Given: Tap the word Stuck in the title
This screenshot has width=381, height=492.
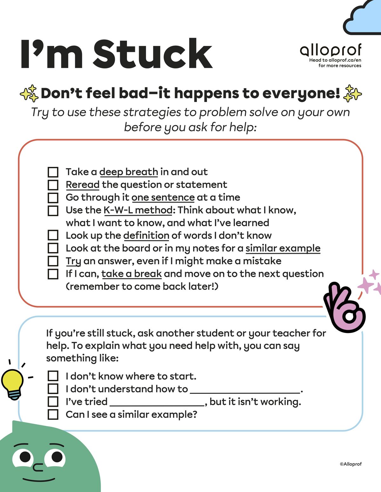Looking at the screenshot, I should pos(152,54).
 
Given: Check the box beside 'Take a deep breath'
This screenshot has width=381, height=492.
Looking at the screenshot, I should pos(53,172).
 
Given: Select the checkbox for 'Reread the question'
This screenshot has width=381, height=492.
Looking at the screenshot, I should pos(53,185).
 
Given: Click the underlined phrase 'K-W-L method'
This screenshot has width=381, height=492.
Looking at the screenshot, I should pos(138,210).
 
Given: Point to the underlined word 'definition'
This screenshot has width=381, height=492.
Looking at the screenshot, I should pos(146,235).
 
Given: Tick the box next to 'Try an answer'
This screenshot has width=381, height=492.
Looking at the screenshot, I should pos(53,261).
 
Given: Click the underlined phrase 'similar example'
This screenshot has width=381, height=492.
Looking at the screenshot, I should pos(283,248).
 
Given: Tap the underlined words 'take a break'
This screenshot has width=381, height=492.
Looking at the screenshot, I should pos(131,274).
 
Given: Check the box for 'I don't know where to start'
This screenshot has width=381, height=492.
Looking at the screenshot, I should pos(53,376).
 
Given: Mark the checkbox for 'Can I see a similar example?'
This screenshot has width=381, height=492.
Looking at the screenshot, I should pos(53,414).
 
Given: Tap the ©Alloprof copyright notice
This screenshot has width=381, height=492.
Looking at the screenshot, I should pos(351,464).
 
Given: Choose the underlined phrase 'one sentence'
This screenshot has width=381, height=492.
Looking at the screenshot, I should pos(163,197).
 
